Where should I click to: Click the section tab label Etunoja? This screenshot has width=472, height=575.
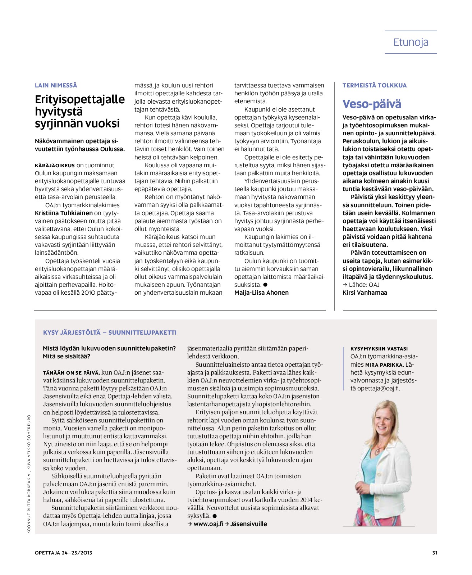pos(411,42)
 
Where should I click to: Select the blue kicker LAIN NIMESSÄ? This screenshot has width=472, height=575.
pos(56,85)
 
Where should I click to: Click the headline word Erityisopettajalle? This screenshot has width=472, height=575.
pos(80,99)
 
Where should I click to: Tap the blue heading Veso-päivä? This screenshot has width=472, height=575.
pos(372,104)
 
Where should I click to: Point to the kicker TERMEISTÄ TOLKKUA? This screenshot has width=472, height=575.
pos(374,85)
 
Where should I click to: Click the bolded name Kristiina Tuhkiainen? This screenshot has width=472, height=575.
pos(64,213)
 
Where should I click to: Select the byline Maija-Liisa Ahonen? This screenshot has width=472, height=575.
pos(261,293)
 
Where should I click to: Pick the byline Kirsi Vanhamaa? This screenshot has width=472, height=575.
pos(365,293)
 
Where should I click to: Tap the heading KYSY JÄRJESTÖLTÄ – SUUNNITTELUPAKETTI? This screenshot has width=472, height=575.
pos(110,332)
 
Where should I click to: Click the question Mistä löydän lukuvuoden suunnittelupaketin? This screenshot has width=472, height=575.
pos(109,348)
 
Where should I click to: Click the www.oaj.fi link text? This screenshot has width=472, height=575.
pos(208,524)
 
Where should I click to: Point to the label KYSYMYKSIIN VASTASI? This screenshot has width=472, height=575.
pos(379,349)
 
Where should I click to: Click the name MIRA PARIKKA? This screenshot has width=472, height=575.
pos(384,365)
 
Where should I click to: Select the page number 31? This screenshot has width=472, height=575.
pos(435,553)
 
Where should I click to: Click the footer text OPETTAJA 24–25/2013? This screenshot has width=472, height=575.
pos(64,553)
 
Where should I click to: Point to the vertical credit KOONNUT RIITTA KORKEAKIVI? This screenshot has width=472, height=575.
pos(29,504)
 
